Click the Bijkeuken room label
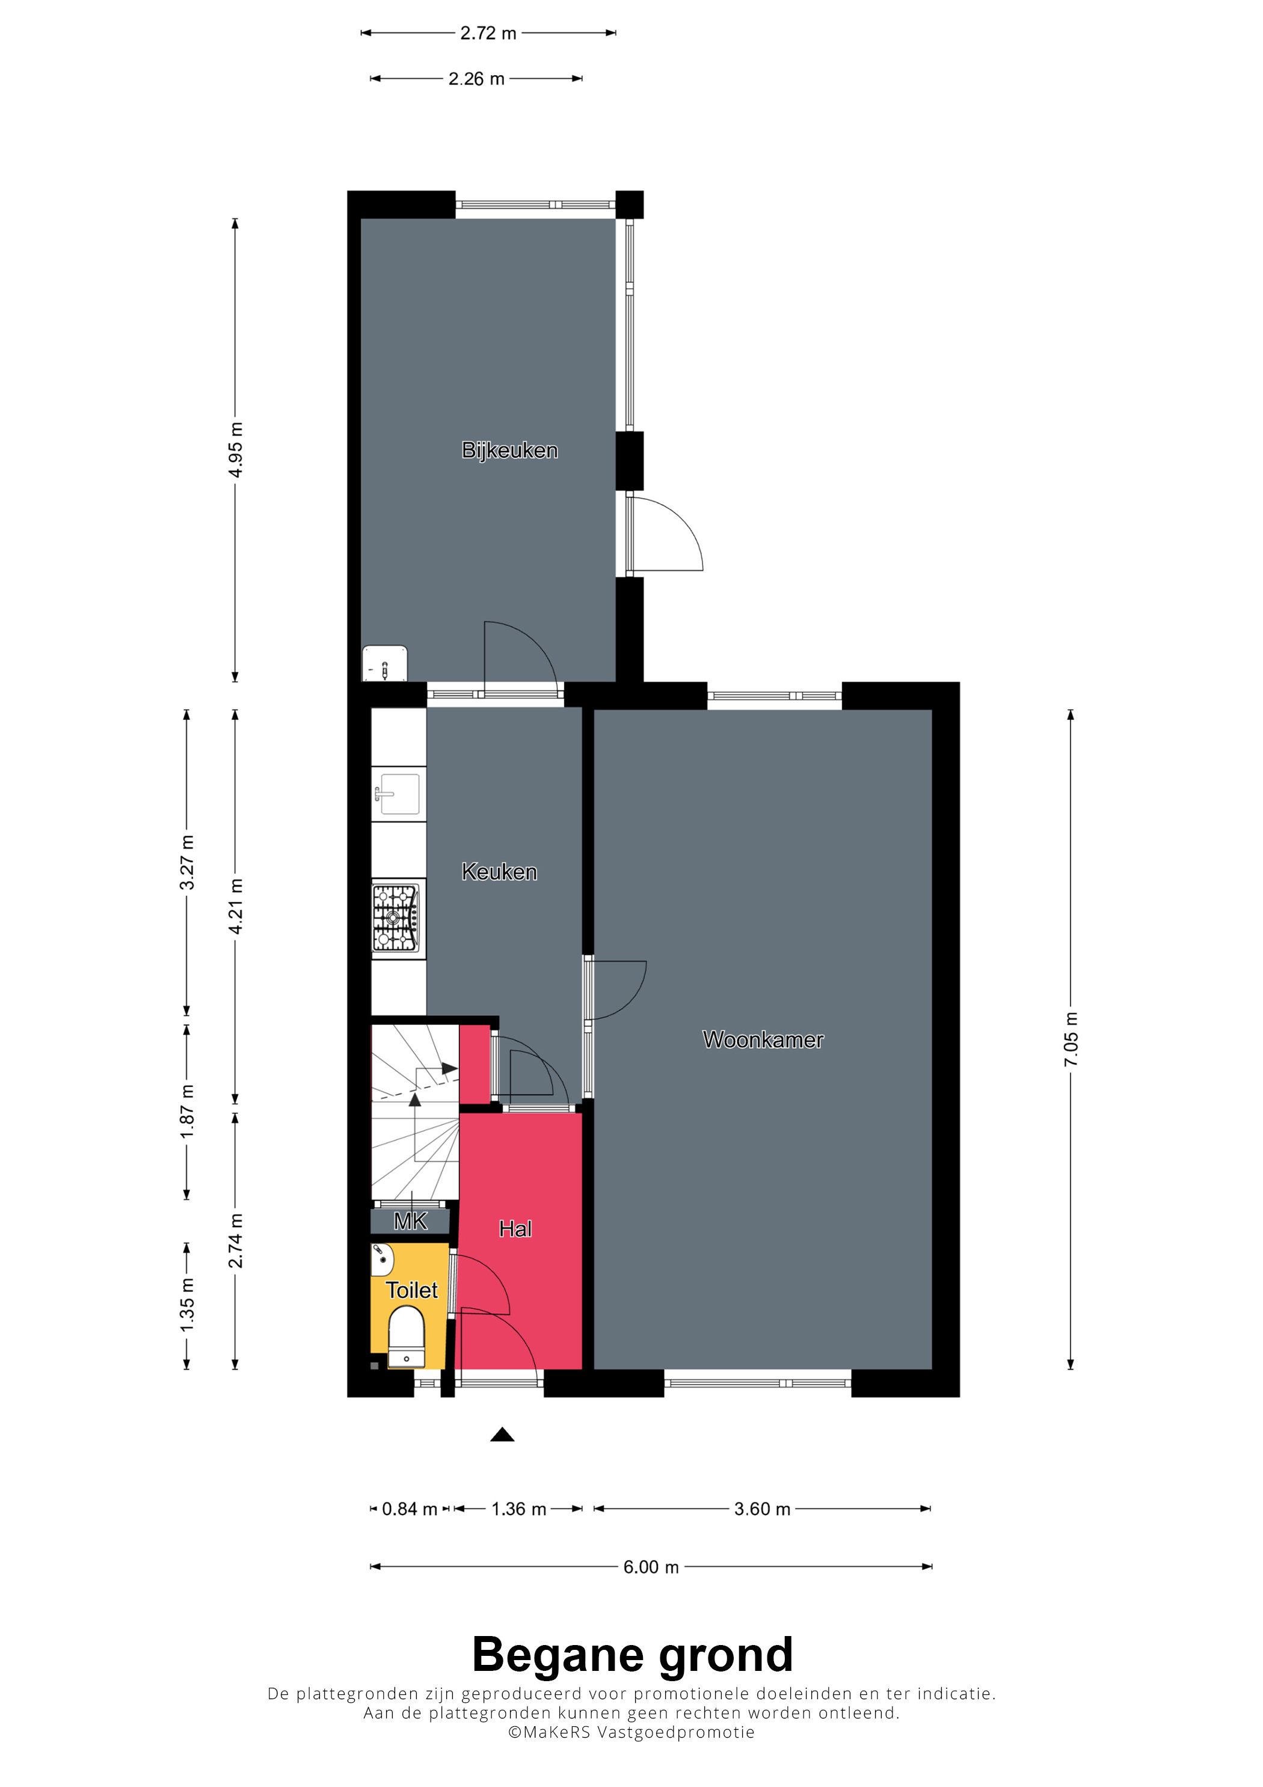510,451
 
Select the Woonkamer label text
763,1040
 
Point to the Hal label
515,1229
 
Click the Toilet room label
411,1290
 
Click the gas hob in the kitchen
398,919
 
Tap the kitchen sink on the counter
398,794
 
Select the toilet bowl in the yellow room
406,1336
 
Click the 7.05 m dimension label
1071,1040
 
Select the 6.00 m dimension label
651,1567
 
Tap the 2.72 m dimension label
488,32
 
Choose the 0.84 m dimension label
410,1509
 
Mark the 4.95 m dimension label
235,450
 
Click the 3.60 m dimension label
762,1509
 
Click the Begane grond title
632,1655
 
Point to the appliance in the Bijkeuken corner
384,663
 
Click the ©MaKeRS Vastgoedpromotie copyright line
631,1732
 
